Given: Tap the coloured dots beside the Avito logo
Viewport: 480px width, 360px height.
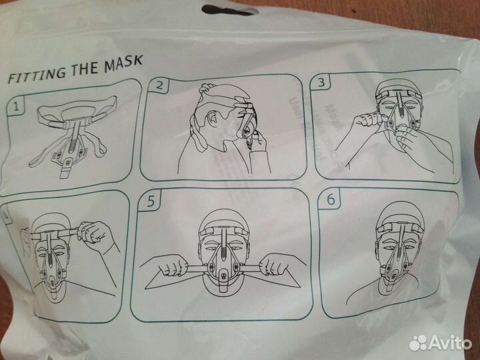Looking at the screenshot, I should click(418, 343).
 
